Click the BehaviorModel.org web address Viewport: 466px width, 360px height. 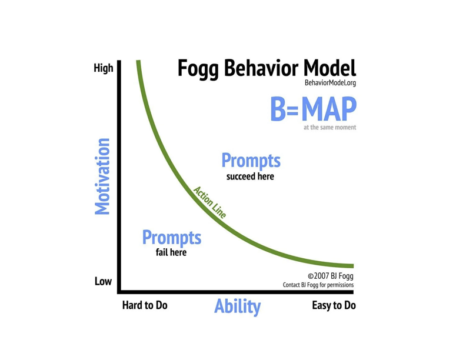[330, 83]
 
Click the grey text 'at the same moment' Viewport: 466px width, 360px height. [329, 127]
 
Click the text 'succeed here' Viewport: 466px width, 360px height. [250, 176]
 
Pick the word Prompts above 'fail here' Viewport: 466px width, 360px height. [171, 238]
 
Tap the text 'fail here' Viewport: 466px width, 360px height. [171, 252]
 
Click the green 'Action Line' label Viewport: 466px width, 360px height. [209, 202]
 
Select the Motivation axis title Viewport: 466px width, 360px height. [102, 176]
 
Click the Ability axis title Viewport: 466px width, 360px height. [237, 306]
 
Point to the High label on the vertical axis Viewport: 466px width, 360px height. [104, 68]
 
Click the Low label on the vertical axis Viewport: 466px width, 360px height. [103, 282]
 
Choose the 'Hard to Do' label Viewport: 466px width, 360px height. [145, 305]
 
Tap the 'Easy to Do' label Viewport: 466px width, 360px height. [334, 305]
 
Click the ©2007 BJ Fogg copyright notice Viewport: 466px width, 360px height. [331, 275]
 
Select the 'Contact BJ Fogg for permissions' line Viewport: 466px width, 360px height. [318, 285]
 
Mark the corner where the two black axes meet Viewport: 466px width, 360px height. [119, 291]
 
